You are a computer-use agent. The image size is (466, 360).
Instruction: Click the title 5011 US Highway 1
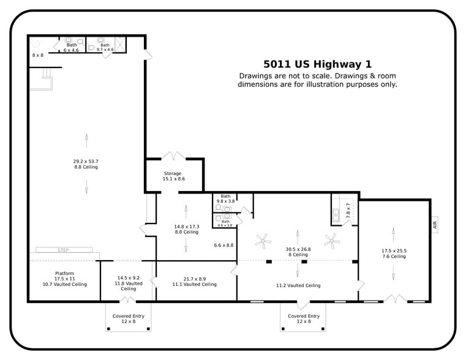(317, 64)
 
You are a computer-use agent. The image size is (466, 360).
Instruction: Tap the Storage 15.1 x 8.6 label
(173, 176)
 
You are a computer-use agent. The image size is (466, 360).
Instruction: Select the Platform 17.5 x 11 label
(64, 279)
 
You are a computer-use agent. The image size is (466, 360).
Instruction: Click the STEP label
(63, 250)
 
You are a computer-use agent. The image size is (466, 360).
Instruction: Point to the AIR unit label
(435, 225)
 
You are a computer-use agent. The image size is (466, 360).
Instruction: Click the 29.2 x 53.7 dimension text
(86, 161)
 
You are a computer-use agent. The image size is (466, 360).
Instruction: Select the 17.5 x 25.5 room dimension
(394, 250)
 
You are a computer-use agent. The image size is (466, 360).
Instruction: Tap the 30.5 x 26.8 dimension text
(298, 249)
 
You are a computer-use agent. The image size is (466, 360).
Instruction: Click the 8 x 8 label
(38, 55)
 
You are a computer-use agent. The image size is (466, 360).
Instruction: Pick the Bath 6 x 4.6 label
(72, 47)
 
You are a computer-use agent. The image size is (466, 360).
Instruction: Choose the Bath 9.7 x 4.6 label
(105, 47)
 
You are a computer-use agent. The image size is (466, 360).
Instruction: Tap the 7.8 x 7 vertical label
(348, 211)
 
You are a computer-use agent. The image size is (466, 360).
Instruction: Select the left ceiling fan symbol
(264, 241)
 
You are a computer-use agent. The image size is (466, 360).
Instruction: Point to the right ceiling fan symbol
(333, 241)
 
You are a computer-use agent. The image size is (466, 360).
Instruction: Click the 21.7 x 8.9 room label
(195, 282)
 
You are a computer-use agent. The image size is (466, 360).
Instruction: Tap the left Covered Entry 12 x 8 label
(129, 319)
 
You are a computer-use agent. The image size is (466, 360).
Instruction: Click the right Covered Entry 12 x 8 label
(303, 319)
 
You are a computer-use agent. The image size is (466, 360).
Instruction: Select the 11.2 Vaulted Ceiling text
(298, 285)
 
